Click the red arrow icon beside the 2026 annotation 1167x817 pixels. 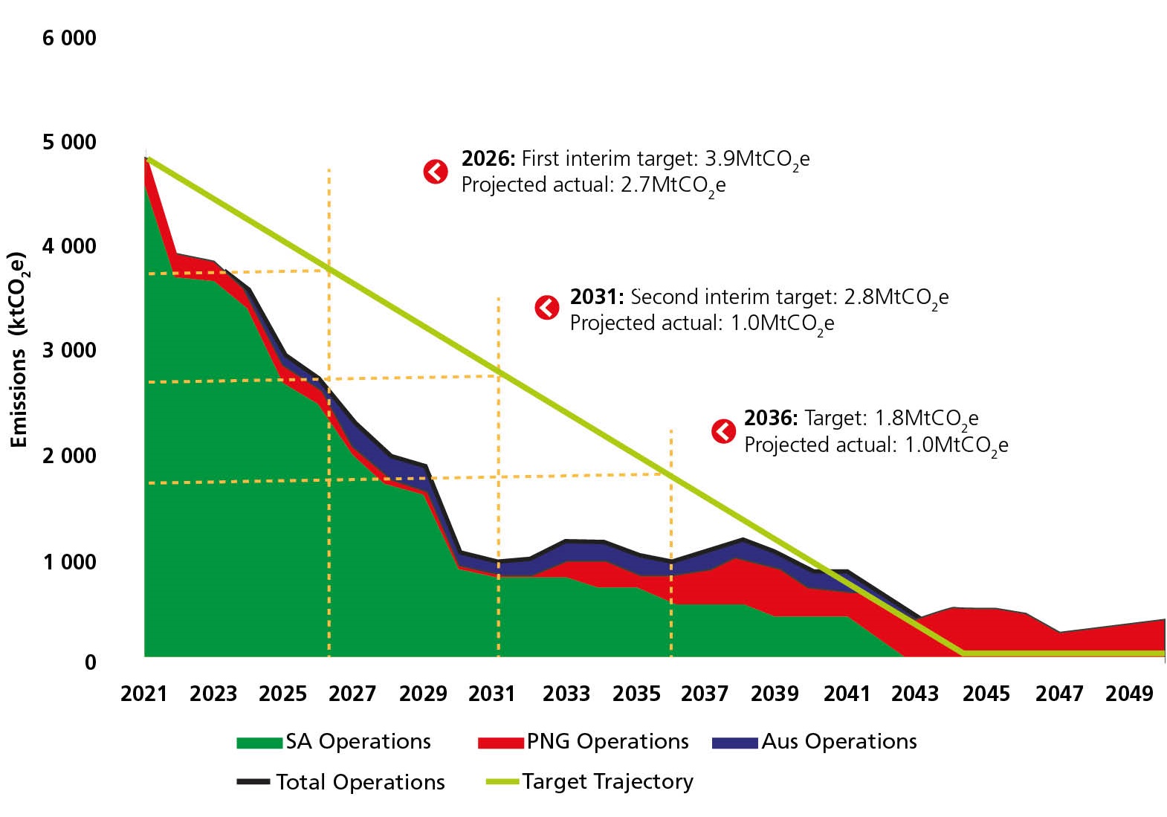click(436, 172)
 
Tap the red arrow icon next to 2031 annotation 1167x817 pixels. click(547, 307)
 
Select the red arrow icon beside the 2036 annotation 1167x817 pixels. click(723, 431)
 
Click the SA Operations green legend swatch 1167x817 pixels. click(259, 742)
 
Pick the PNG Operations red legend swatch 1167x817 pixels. click(500, 742)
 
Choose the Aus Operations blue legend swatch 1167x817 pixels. click(734, 742)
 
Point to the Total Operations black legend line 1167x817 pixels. click(253, 782)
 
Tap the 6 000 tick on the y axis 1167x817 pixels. click(69, 38)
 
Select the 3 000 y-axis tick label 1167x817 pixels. click(69, 350)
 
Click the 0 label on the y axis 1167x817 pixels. click(90, 662)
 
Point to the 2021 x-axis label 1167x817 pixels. click(144, 694)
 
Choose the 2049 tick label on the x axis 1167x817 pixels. click(1129, 694)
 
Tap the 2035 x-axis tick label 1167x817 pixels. click(636, 694)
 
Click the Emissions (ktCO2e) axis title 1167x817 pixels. click(18, 349)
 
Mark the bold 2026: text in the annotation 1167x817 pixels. click(488, 158)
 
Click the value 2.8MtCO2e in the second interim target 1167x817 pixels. click(896, 297)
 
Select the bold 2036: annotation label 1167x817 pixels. click(771, 418)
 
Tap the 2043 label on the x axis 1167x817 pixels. click(915, 694)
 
